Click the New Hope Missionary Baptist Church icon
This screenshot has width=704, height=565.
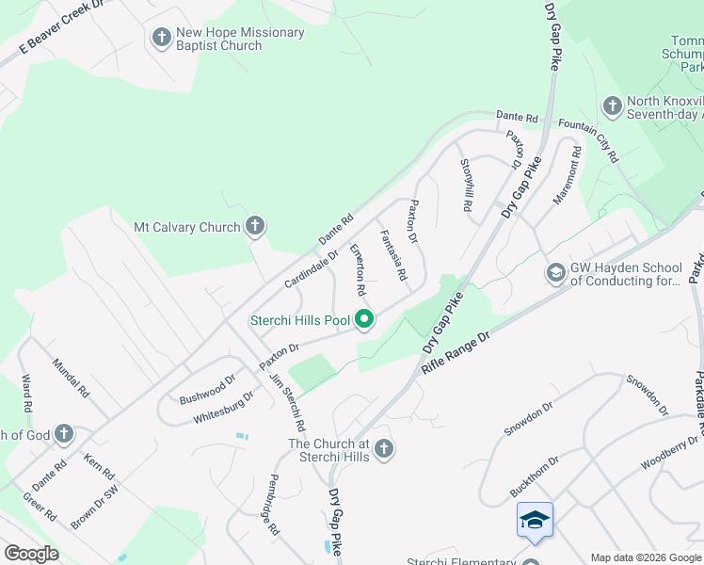161,39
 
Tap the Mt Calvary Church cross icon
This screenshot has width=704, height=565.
254,226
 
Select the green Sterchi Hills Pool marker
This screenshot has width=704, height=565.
364,320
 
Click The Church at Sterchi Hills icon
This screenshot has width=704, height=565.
383,449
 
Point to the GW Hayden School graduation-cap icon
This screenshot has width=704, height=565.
556,273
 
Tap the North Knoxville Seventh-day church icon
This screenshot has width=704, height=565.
612,106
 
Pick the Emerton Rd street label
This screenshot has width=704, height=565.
359,265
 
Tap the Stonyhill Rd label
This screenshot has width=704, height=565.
466,185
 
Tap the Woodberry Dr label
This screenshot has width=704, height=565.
669,452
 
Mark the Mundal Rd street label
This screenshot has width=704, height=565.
71,378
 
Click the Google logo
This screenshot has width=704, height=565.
31,553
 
